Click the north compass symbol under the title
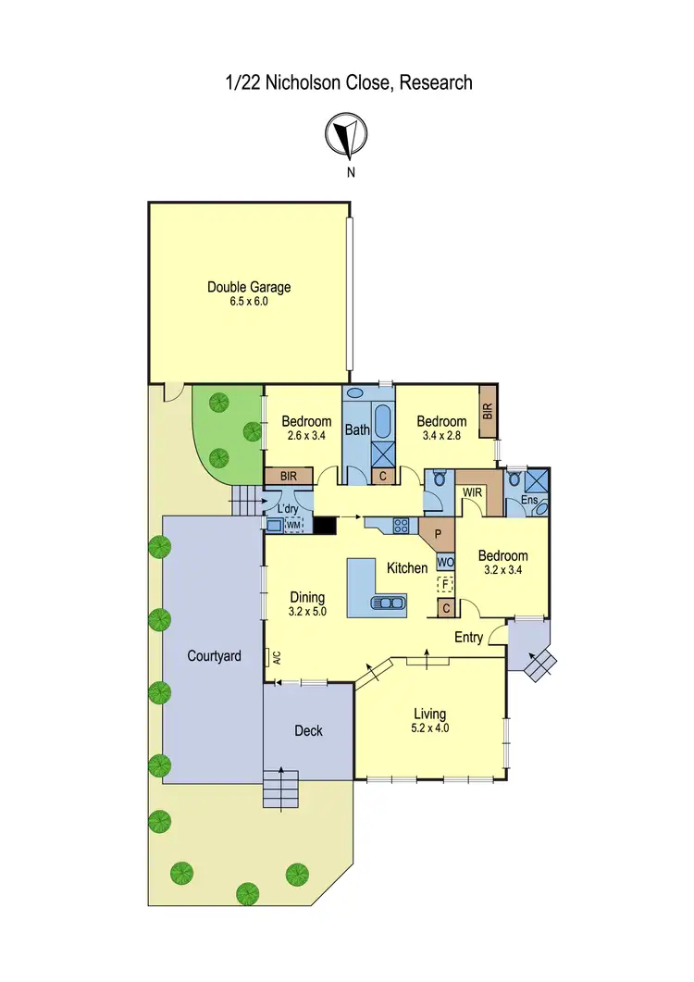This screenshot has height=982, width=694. coord(347,135)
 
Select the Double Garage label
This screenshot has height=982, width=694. coord(248,287)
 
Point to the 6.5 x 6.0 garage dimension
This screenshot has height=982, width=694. coord(248,301)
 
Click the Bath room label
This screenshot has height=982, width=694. coord(357,429)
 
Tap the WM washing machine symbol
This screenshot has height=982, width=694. coord(294,525)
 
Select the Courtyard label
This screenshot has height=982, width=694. coord(214,655)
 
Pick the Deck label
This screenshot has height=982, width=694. coord(308,730)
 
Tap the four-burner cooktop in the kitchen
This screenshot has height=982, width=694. coord(403,525)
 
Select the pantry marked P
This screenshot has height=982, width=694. coord(439,534)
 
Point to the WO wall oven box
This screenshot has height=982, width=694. coord(445,562)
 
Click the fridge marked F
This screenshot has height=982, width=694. coord(445,583)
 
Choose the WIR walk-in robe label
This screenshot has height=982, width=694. coord(472,492)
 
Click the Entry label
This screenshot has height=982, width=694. coord(469,637)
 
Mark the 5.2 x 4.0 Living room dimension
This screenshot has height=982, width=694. coord(429,727)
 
